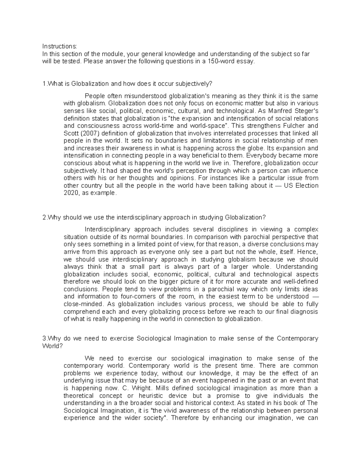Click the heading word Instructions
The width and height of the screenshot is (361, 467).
pyautogui.click(x=59, y=46)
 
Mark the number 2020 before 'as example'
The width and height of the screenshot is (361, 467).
pyautogui.click(x=70, y=193)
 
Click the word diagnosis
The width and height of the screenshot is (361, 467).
pyautogui.click(x=305, y=312)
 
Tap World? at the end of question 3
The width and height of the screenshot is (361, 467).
pyautogui.click(x=53, y=346)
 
